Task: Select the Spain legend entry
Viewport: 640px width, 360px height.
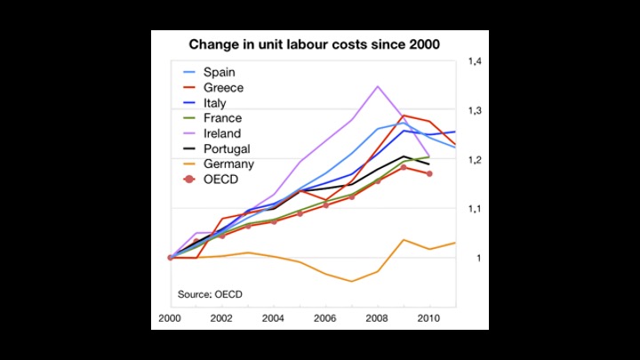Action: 219,72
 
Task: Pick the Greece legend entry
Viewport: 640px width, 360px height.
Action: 222,87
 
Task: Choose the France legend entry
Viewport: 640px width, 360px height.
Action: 221,118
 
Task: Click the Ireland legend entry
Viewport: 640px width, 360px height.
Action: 221,133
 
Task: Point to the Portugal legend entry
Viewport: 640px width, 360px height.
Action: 226,148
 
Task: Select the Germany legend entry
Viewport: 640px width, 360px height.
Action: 228,164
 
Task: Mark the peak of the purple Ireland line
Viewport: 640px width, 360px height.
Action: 378,86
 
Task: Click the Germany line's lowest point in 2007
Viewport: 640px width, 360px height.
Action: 352,281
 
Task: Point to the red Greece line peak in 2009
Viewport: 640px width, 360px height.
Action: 404,116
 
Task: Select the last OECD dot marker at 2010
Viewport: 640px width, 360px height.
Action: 430,174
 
